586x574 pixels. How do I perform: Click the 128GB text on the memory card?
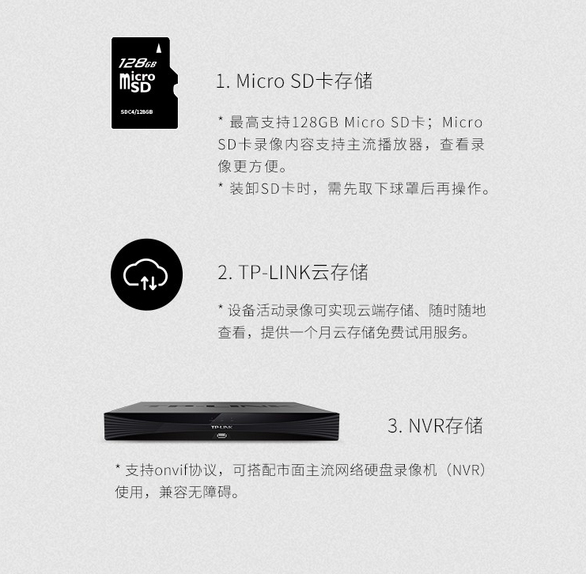click(138, 63)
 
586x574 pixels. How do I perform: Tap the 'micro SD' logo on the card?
click(137, 82)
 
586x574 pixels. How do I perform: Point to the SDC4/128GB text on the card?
click(137, 111)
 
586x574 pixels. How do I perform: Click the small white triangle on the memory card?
click(158, 48)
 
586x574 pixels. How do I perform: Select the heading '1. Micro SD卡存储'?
click(294, 81)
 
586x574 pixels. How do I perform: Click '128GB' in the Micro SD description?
click(315, 123)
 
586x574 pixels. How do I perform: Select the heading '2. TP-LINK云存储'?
click(293, 272)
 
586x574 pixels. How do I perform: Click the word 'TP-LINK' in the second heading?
click(274, 273)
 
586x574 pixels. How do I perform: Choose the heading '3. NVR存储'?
click(436, 425)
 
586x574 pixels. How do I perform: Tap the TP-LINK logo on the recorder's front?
click(221, 427)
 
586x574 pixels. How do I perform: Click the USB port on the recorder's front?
click(221, 436)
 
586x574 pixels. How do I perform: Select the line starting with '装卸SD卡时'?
click(354, 189)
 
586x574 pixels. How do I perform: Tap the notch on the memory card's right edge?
click(175, 89)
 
